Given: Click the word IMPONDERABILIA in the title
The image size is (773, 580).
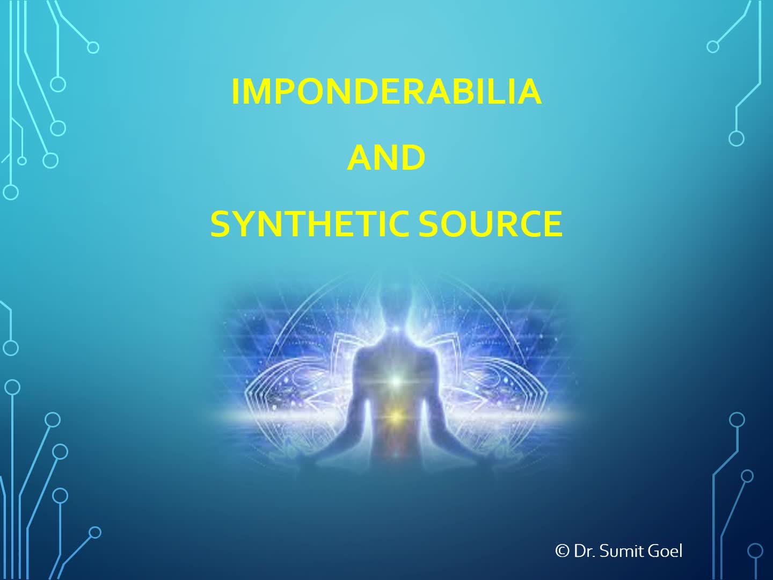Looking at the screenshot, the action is coord(386,91).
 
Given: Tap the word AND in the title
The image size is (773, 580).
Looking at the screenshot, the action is coord(386,157).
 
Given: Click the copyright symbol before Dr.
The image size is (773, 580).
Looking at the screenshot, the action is coord(562,550).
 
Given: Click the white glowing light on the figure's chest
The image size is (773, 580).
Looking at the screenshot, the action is coord(396,380).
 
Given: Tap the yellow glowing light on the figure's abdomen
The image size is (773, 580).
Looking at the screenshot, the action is coord(396,417).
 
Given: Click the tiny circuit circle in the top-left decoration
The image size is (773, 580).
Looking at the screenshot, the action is coord(22,161).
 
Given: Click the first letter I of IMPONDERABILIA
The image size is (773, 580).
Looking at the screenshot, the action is coord(235,91).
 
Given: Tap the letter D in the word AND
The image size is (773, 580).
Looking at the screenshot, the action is coord(413,157).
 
